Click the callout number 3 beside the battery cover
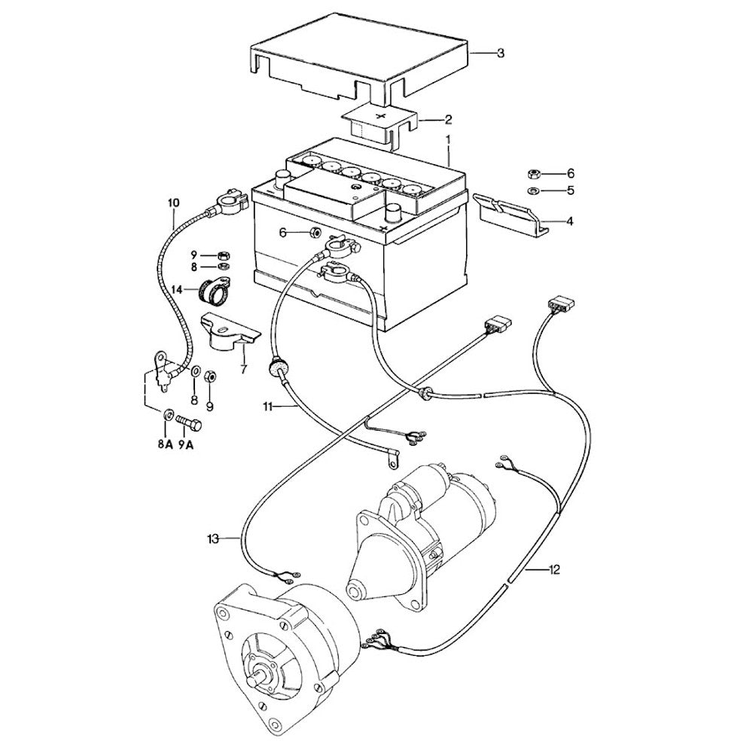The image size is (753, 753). click(500, 53)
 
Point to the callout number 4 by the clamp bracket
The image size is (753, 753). click(570, 221)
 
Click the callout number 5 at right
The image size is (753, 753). click(570, 191)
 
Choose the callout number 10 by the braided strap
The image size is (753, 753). click(174, 203)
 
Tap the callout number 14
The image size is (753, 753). click(177, 289)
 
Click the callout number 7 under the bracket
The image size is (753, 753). click(243, 369)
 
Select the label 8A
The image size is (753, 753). click(165, 444)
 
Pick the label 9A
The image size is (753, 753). click(186, 444)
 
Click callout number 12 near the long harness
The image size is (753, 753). click(554, 569)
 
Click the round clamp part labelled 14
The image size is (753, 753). click(216, 291)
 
